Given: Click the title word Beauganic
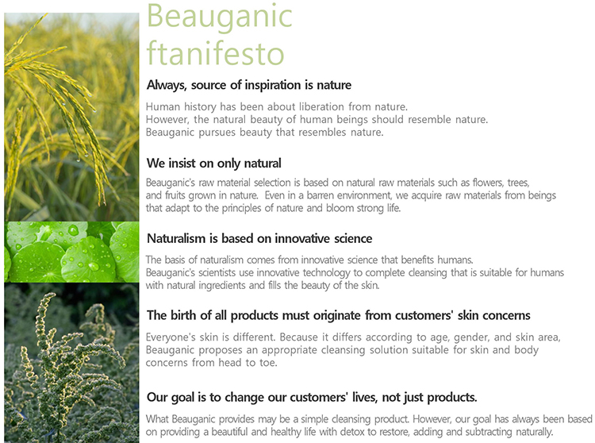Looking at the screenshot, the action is click(219, 17).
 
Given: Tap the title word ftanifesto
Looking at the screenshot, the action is click(215, 53).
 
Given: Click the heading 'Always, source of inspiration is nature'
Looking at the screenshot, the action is click(249, 85).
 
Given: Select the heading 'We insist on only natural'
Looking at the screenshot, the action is click(214, 164).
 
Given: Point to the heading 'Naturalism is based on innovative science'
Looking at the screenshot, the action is click(259, 238).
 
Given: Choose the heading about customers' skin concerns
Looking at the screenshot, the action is click(339, 315).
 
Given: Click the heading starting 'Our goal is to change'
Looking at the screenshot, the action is click(312, 398).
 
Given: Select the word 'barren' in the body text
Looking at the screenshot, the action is click(321, 195).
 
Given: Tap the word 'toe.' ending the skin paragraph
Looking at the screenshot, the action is click(268, 363).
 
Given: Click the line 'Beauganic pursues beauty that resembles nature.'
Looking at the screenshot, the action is click(264, 133).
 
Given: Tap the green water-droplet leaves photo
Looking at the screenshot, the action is click(71, 252).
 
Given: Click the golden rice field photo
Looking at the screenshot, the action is click(71, 117).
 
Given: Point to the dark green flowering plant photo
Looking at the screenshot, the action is click(71, 363).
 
